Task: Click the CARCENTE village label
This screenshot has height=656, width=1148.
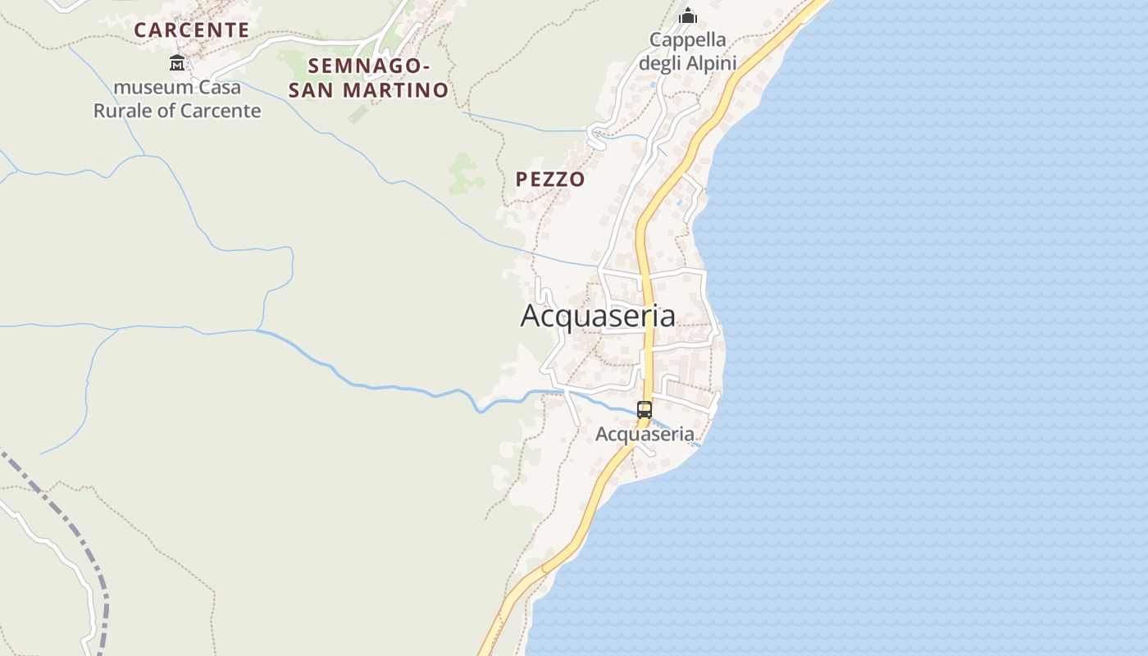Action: [x=191, y=30]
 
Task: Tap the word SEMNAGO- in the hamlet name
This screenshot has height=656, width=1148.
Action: [x=368, y=66]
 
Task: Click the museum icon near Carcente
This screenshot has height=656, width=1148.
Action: [x=177, y=62]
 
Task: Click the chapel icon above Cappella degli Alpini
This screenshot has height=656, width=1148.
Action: [x=688, y=16]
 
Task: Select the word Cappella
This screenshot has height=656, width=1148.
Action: [x=687, y=39]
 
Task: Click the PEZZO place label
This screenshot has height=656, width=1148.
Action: [x=550, y=180]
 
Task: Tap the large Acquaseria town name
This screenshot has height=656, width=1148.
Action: [x=598, y=316]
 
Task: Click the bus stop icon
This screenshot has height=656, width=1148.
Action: [x=645, y=409]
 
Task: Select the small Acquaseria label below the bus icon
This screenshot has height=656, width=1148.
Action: [x=645, y=434]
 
